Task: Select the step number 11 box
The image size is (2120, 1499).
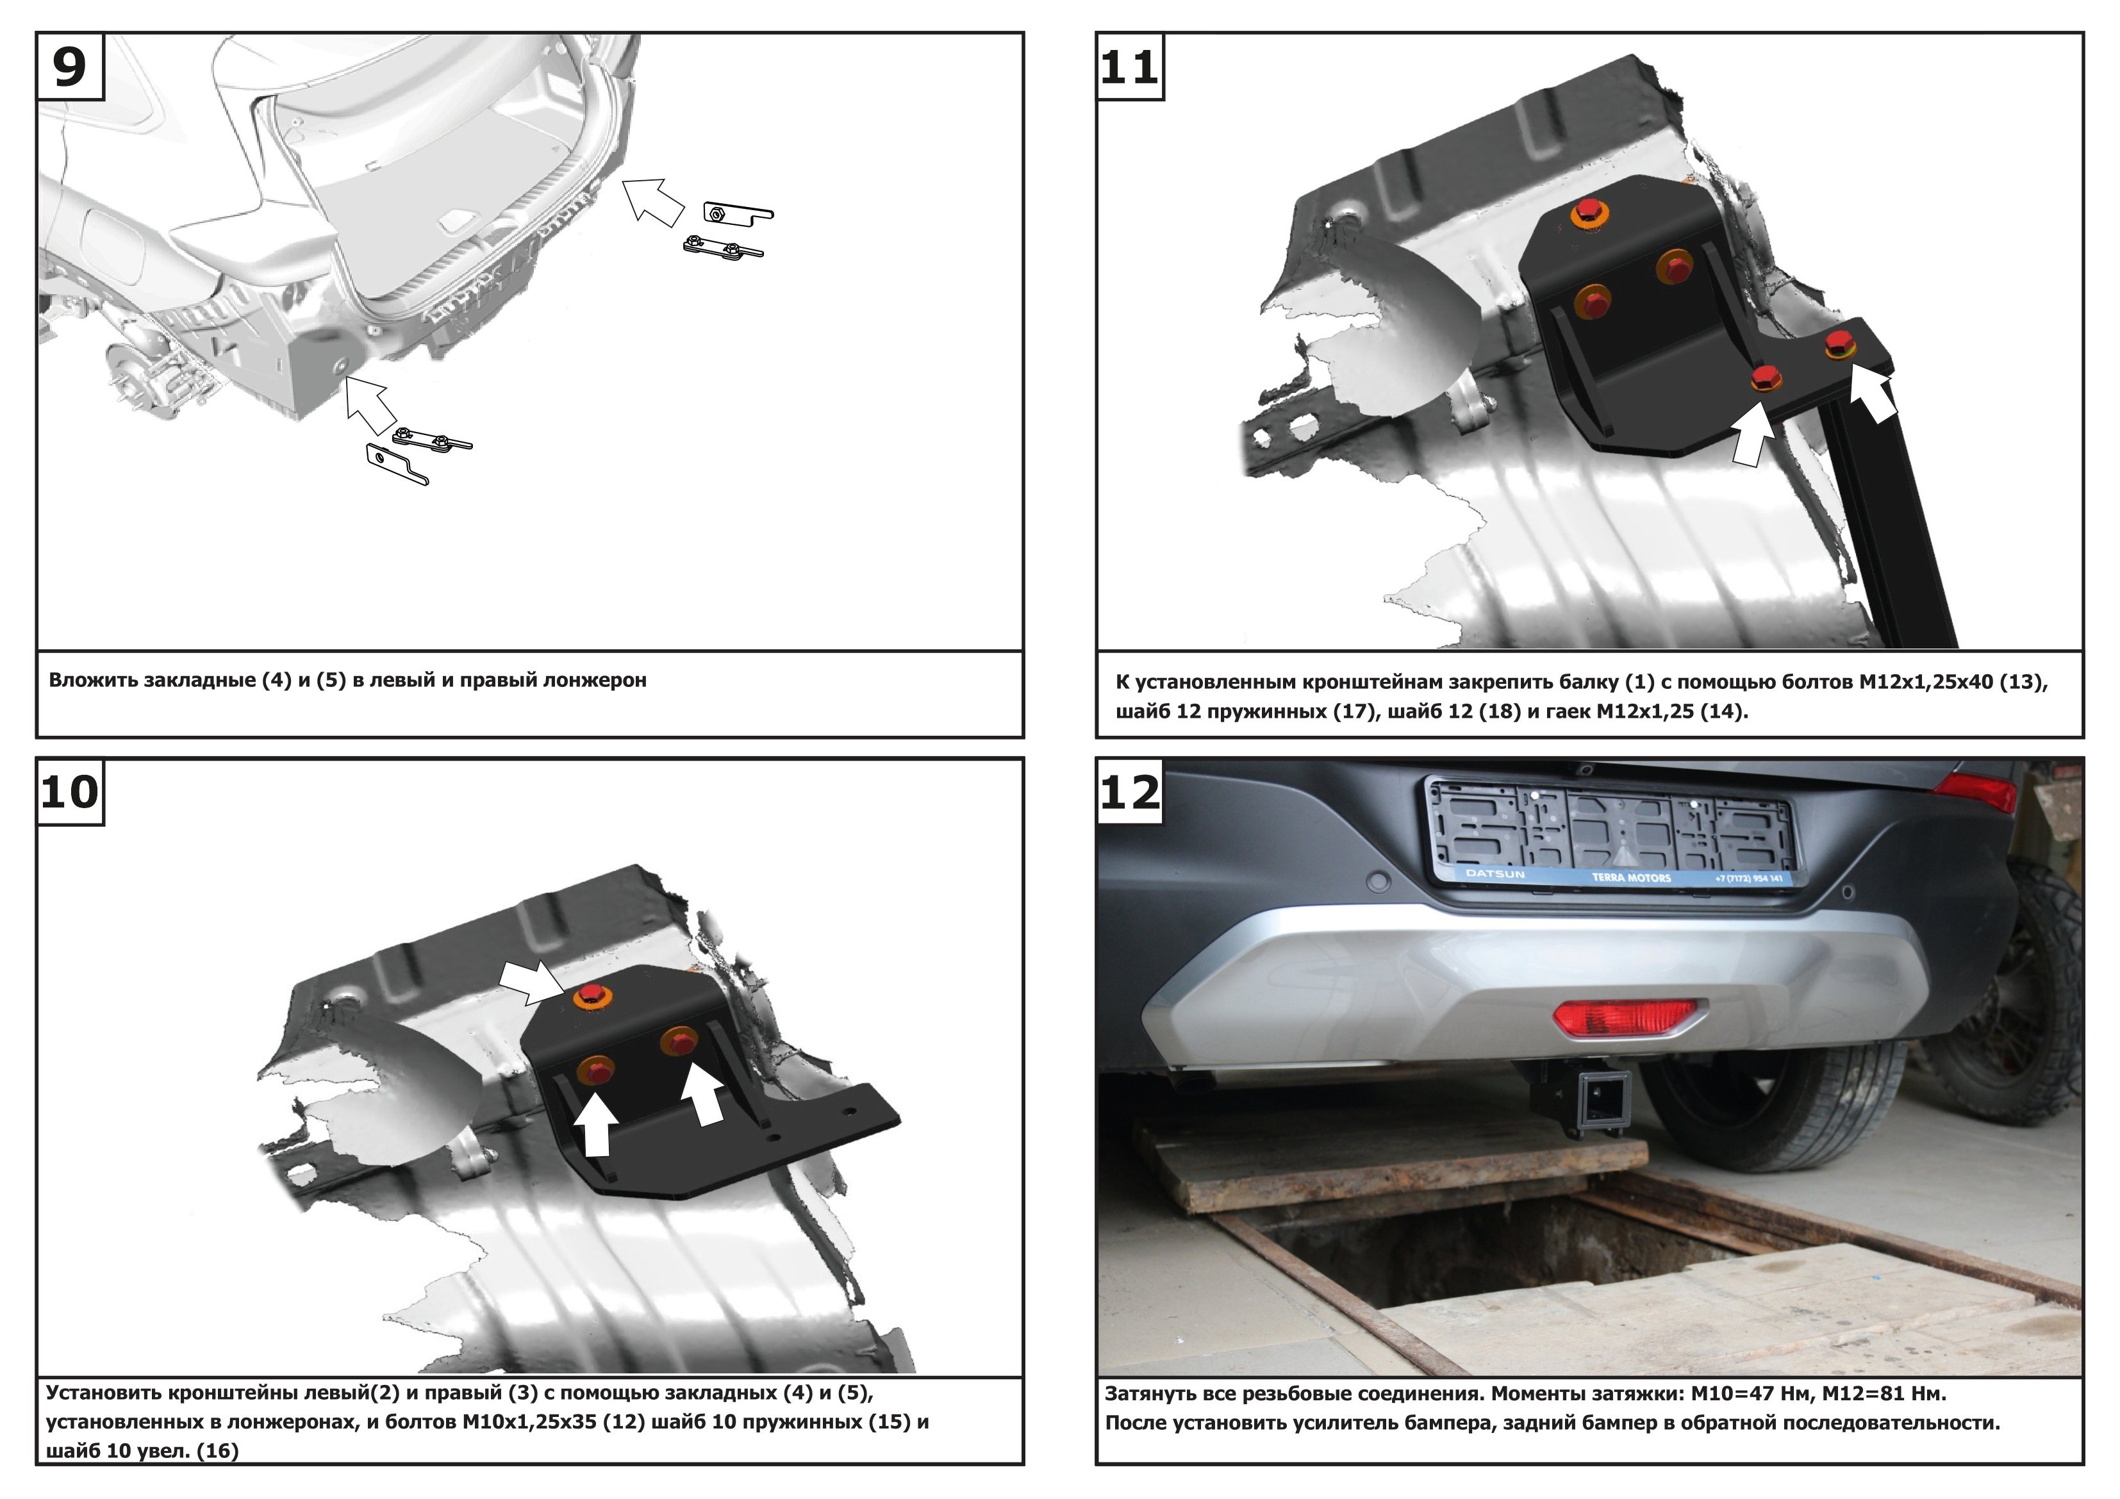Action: click(1130, 67)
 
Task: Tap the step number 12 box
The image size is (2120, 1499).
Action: click(1130, 791)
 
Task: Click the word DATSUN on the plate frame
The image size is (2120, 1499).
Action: click(1496, 873)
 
